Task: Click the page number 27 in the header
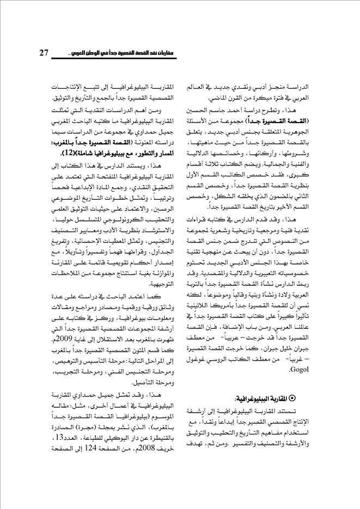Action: (44, 53)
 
